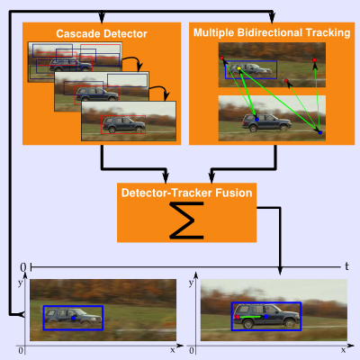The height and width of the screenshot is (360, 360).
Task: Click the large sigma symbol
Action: (x=186, y=220)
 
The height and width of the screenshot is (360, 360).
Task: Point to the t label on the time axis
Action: (x=346, y=266)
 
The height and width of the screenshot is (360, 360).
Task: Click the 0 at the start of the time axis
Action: (x=23, y=267)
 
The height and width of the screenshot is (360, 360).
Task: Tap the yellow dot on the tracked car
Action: (x=239, y=68)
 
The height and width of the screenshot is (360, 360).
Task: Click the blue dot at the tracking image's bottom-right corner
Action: (x=320, y=132)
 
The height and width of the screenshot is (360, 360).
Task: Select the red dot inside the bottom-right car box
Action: (x=238, y=317)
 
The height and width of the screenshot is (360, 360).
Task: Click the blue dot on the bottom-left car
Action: (x=73, y=318)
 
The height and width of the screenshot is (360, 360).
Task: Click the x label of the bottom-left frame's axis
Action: (x=173, y=350)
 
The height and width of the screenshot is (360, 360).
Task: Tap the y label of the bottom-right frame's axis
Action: (x=191, y=283)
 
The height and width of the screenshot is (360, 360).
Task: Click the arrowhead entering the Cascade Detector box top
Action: (x=102, y=18)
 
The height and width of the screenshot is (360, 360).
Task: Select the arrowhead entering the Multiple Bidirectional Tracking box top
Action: (x=272, y=18)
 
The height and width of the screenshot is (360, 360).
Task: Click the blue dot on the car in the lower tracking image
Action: (x=256, y=119)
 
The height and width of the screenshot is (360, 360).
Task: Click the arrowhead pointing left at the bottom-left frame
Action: (x=21, y=314)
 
